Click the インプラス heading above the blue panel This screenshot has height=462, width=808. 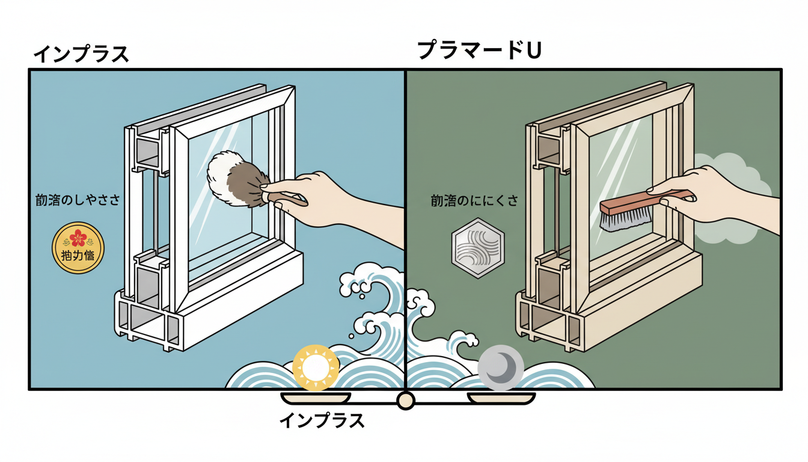pyautogui.click(x=81, y=54)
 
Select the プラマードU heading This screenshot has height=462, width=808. pyautogui.click(x=479, y=51)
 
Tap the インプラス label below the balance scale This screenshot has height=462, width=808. pyautogui.click(x=322, y=420)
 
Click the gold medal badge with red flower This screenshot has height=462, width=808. pyautogui.click(x=78, y=248)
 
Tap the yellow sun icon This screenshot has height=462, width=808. pyautogui.click(x=315, y=367)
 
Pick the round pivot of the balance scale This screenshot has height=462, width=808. pyautogui.click(x=406, y=401)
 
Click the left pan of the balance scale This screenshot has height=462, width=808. pyautogui.click(x=316, y=398)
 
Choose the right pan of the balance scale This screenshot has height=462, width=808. pyautogui.click(x=501, y=398)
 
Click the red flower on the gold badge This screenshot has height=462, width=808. pyautogui.click(x=78, y=238)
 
